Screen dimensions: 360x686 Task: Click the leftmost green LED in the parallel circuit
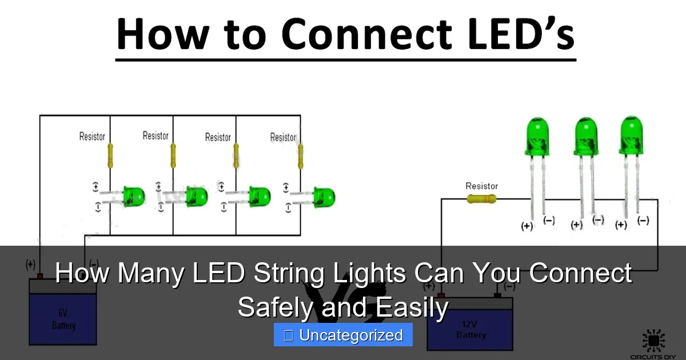tap(134, 197)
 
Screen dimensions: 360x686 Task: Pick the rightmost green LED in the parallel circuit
tap(324, 197)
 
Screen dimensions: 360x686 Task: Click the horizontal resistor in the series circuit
tap(482, 199)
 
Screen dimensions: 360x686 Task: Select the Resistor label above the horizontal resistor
tap(481, 186)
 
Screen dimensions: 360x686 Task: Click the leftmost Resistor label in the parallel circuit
tap(92, 137)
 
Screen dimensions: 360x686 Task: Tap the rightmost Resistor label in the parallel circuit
tap(283, 137)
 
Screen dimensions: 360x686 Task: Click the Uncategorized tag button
tap(343, 335)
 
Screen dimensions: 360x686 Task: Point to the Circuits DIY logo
tap(653, 343)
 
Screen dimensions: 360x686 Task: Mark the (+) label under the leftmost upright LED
tap(527, 226)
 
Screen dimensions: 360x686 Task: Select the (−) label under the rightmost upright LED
tap(643, 221)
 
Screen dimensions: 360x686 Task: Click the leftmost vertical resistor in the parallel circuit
tap(110, 156)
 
